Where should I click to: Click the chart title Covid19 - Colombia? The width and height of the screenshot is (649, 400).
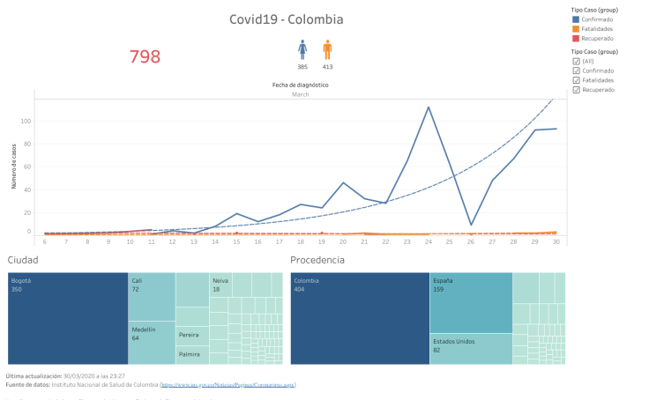(x=286, y=19)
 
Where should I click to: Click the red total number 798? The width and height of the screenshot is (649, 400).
(x=145, y=57)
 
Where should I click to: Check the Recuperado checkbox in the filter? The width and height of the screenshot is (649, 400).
(x=577, y=90)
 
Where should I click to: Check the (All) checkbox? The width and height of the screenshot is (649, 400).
(x=577, y=61)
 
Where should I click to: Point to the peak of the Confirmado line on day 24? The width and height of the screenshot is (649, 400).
(x=429, y=107)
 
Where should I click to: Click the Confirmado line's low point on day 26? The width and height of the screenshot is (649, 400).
(x=471, y=226)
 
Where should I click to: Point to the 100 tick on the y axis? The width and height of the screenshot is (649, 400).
(x=26, y=122)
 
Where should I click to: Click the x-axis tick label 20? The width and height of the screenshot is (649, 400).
(x=343, y=241)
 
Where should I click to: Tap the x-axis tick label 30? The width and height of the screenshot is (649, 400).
(x=556, y=241)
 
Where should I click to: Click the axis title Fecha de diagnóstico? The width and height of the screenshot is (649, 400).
(x=300, y=85)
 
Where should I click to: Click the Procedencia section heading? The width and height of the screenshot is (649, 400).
(x=317, y=260)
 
